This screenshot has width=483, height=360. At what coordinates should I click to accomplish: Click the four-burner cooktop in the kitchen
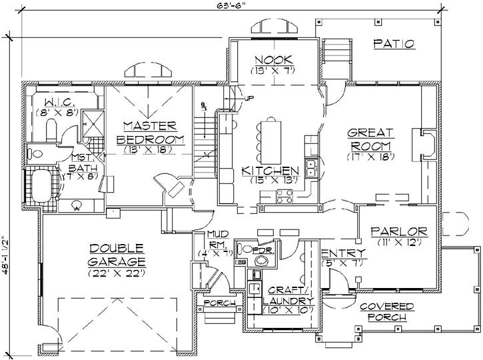pyautogui.click(x=285, y=196)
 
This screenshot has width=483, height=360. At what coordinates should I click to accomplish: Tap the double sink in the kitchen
pyautogui.click(x=310, y=167)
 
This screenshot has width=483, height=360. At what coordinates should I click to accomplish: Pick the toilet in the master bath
pyautogui.click(x=38, y=153)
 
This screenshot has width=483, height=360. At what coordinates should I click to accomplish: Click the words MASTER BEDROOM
pyautogui.click(x=150, y=132)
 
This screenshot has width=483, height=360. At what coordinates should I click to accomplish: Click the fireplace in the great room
pyautogui.click(x=425, y=144)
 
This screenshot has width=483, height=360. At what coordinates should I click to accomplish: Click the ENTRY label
pyautogui.click(x=342, y=253)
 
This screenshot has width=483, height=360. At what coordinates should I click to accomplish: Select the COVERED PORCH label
pyautogui.click(x=386, y=311)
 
